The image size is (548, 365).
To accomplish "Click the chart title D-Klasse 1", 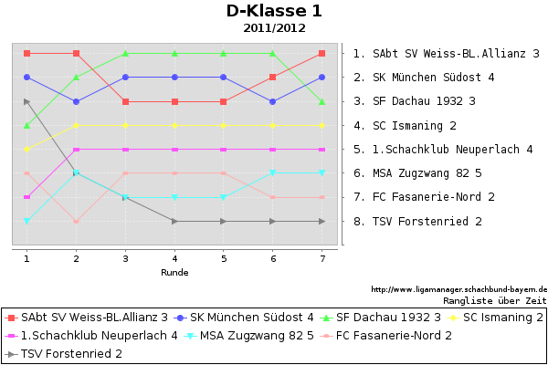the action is click(x=274, y=11).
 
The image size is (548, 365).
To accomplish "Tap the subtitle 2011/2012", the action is click(x=274, y=28).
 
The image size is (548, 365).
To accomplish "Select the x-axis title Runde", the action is click(x=174, y=273).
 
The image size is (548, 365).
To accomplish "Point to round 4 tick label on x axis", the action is click(x=174, y=258).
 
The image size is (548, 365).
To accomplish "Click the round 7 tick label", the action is click(x=322, y=258).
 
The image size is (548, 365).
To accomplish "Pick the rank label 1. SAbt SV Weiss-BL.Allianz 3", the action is click(x=447, y=54).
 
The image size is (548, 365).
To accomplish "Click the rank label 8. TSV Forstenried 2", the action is click(x=417, y=221).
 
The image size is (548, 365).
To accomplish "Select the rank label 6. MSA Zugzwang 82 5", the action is click(x=417, y=172).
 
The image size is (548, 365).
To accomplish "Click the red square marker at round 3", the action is click(x=125, y=101).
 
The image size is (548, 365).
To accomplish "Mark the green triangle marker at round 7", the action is click(x=322, y=101).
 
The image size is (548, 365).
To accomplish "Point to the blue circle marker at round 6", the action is click(x=273, y=101).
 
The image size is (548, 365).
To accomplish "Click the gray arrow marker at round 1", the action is click(x=26, y=101).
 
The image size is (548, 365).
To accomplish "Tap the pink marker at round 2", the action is click(x=76, y=221).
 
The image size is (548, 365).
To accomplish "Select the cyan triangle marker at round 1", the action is click(x=26, y=221).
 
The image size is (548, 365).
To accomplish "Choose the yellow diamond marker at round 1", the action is click(x=26, y=150).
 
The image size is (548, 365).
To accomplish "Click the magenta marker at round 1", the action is click(x=26, y=197).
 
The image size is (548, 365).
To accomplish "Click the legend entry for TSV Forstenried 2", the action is click(x=64, y=354).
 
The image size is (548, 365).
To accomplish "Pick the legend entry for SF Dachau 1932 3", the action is click(x=381, y=318).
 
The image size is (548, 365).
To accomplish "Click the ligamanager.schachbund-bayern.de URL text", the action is click(x=458, y=289).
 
